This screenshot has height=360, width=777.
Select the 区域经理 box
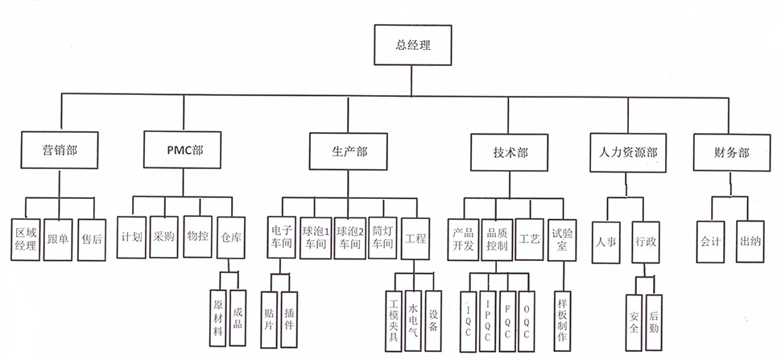pyautogui.click(x=27, y=238)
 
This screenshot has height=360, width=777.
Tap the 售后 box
pyautogui.click(x=92, y=238)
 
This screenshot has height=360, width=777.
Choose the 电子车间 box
pyautogui.click(x=281, y=237)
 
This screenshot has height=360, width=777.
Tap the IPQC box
pyautogui.click(x=489, y=319)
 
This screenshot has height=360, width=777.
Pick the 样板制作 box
pyautogui.click(x=562, y=319)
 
